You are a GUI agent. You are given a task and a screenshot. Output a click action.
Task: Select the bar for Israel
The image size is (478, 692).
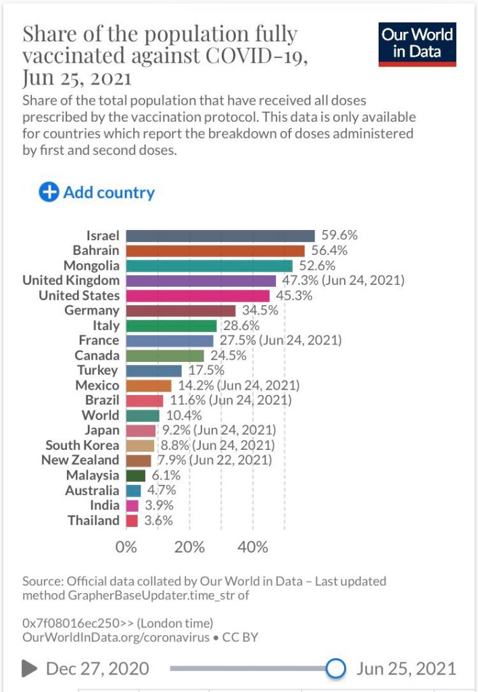220,236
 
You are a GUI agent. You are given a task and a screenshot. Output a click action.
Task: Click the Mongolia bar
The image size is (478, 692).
209,266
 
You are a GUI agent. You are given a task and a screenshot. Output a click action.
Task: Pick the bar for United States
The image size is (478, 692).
197,296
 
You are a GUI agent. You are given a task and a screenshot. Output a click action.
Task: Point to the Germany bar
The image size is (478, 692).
181,310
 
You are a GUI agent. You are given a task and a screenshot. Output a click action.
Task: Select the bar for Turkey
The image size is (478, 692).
153,371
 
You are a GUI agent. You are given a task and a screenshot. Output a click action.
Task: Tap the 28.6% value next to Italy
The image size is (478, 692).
241,326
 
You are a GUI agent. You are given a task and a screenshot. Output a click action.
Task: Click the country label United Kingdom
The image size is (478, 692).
71,281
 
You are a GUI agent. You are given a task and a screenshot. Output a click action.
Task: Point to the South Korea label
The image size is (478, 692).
82,446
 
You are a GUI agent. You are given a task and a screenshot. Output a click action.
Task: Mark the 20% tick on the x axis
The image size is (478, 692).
189,547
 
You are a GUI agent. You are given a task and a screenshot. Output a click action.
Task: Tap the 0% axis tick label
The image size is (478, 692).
126,547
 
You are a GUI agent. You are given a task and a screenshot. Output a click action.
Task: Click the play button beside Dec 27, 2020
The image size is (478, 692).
29,669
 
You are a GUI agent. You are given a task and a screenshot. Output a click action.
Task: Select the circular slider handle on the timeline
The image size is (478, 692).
335,669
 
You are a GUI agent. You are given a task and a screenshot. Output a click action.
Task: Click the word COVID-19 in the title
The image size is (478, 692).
260,56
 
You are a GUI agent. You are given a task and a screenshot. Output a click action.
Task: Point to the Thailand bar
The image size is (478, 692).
132,521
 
